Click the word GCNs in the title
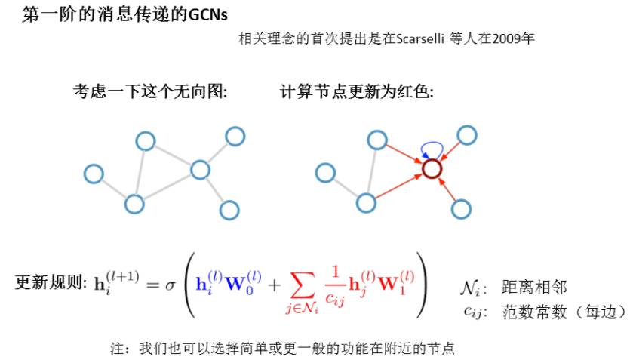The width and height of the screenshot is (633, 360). [x=207, y=15]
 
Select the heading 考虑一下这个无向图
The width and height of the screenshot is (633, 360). [x=149, y=92]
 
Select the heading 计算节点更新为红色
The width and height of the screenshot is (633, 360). [x=357, y=92]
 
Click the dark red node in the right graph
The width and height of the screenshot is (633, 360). [x=432, y=170]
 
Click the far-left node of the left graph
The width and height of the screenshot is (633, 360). [x=94, y=174]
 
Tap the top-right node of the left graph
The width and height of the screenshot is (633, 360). [x=235, y=136]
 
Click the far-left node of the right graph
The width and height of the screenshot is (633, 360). [x=325, y=174]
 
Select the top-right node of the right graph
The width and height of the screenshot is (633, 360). [x=467, y=136]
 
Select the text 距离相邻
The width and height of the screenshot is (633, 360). [x=534, y=288]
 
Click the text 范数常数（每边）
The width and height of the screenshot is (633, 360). [x=563, y=310]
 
